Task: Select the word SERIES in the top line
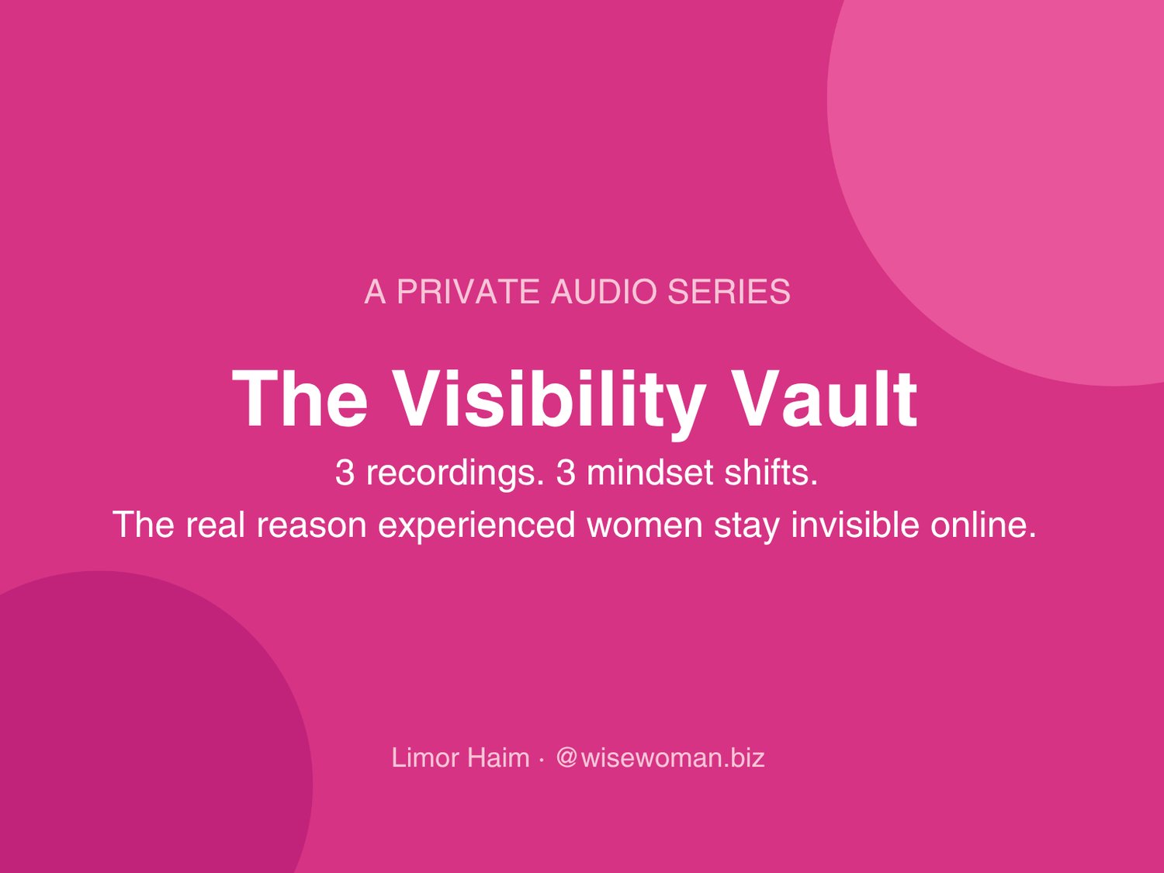point(729,292)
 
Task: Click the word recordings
point(456,473)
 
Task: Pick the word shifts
point(771,473)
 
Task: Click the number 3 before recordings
point(345,473)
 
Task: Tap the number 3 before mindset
point(565,473)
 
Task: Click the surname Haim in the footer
point(498,757)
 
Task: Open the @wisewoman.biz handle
point(660,757)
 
